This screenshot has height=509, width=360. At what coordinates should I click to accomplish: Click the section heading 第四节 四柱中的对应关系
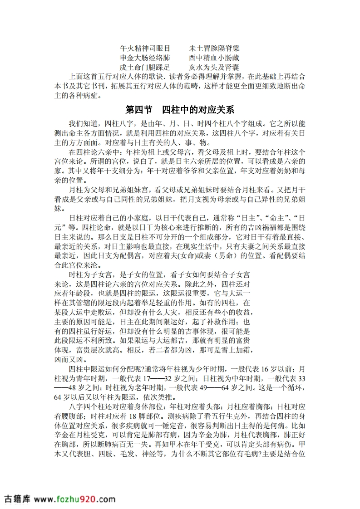180,110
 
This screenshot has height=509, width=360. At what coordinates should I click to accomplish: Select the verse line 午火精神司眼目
145,48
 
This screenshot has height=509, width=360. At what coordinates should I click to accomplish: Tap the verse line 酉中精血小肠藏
214,58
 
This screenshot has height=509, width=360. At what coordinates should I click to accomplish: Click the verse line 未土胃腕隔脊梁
214,48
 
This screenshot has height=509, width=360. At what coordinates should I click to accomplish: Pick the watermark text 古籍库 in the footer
16,499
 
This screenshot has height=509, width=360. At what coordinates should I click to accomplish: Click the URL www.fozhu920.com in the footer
74,499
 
